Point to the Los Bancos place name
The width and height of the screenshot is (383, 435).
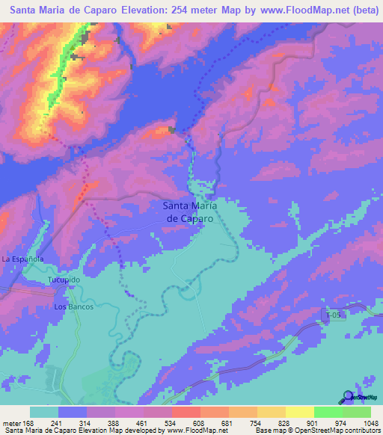point(71,307)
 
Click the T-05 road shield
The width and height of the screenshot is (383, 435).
point(333,315)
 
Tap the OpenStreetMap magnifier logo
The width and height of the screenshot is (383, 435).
point(349,398)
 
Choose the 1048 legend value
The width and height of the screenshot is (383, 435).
point(361,423)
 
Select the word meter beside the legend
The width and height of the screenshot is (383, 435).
point(10,423)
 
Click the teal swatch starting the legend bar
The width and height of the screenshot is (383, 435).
point(44,412)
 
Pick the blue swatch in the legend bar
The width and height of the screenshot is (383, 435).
point(73,412)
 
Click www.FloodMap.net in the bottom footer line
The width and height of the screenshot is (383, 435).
point(194,431)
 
